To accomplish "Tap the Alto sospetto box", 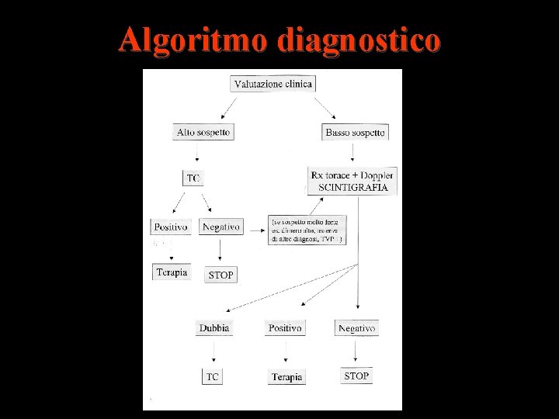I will tap(203, 133).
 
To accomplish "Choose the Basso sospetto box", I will tap(355, 133).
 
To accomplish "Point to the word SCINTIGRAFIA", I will tap(353, 188).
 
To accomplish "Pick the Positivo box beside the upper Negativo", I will tap(169, 227).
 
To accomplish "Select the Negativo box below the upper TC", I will tap(220, 227).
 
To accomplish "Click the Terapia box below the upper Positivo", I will tap(171, 272).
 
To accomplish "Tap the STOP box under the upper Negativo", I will tap(220, 275).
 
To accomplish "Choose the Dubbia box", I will tap(214, 328).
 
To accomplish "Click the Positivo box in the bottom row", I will tap(285, 328).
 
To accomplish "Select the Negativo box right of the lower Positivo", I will tap(356, 328).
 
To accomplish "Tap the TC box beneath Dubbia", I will tap(213, 376).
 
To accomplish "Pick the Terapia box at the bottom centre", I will tap(286, 377).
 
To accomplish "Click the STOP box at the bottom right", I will tap(356, 376).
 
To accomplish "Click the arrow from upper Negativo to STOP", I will tap(220, 250).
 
